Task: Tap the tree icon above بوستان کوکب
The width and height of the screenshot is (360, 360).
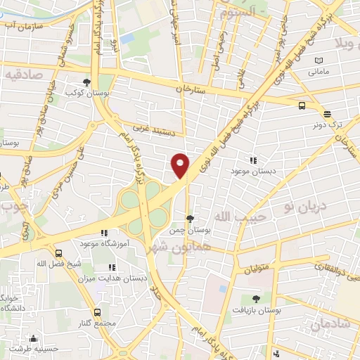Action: coord(87,81)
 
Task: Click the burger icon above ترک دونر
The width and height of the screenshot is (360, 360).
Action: coord(326,113)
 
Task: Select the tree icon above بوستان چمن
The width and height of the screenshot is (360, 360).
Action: coord(191,219)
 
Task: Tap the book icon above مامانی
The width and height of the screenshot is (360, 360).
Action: coord(320,61)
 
